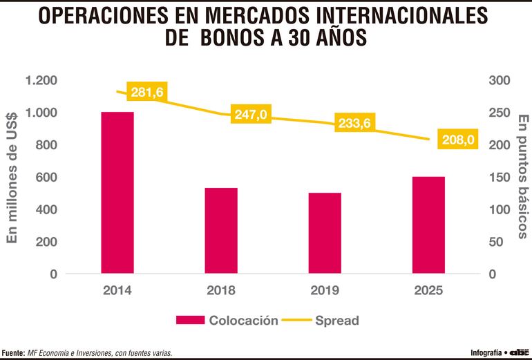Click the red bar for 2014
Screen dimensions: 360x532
pos(117,192)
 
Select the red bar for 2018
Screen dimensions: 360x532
pos(221,230)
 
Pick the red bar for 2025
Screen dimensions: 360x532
pos(428,225)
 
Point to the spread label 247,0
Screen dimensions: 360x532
pos(250,114)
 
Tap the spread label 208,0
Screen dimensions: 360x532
pos(458,140)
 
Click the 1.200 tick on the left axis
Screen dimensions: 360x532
pos(42,80)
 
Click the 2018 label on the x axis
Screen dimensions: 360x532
pos(221,290)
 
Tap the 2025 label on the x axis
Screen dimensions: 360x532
pos(428,290)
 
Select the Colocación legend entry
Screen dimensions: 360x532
pos(228,320)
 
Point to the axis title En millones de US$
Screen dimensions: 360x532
pos(12,177)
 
